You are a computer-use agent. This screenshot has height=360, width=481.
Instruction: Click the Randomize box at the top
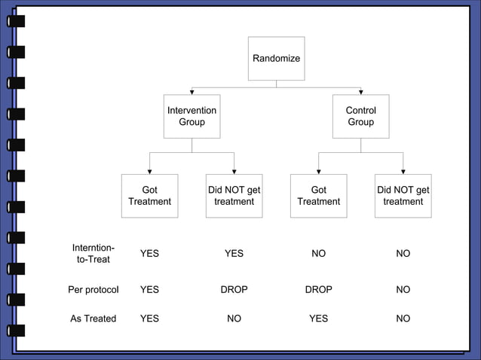point(276,59)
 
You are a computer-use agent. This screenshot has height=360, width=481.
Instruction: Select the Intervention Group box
point(191,117)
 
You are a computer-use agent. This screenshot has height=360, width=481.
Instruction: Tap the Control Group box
point(360,117)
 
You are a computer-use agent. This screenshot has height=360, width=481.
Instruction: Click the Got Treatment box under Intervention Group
point(149,196)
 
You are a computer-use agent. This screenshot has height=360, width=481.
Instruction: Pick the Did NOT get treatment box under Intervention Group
point(234,196)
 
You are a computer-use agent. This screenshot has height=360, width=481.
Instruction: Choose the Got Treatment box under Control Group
point(318,196)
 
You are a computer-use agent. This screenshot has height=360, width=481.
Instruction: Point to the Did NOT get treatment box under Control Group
point(403,196)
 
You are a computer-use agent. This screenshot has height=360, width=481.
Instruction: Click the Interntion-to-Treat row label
point(93,253)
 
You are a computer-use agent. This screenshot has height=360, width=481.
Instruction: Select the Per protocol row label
point(93,289)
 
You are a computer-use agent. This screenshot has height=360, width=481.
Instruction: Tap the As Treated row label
point(93,319)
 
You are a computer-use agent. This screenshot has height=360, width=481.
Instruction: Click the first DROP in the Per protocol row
point(234,289)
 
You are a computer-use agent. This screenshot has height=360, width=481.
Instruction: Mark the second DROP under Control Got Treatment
point(318,289)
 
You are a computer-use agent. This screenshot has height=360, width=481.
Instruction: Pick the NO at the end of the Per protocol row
point(403,289)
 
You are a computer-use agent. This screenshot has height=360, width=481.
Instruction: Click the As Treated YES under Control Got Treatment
point(318,319)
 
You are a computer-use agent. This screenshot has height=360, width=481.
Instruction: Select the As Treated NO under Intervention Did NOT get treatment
point(234,319)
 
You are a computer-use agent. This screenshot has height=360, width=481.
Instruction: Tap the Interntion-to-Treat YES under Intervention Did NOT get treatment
point(234,254)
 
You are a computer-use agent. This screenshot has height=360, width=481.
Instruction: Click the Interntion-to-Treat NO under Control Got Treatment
point(318,254)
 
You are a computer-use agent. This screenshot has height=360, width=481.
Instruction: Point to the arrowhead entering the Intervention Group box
point(191,92)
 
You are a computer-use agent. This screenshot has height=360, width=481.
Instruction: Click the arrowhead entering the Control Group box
point(360,92)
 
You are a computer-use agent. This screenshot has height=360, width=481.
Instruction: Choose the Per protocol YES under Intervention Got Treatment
point(149,289)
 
